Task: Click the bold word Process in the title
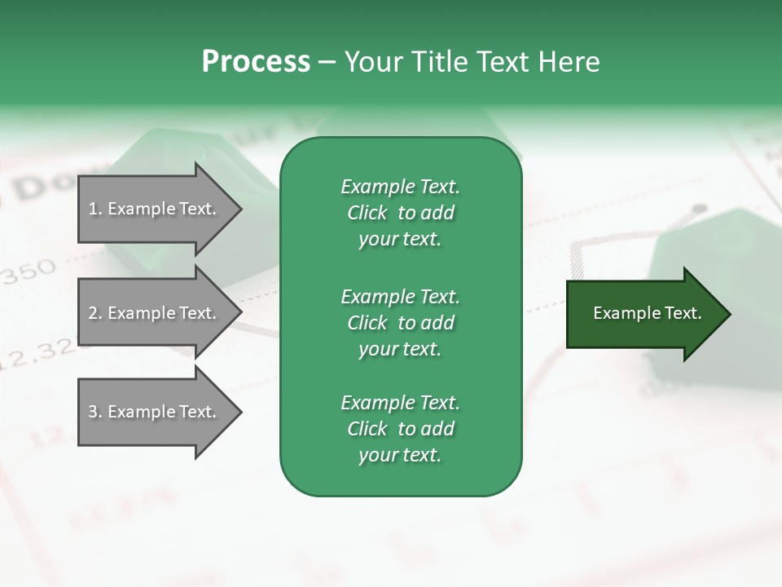pyautogui.click(x=256, y=62)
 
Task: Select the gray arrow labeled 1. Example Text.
pyautogui.click(x=155, y=209)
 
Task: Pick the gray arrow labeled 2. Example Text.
pyautogui.click(x=155, y=313)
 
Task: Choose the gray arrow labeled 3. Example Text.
pyautogui.click(x=155, y=412)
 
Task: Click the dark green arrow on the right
pyautogui.click(x=644, y=314)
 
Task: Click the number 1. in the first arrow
pyautogui.click(x=95, y=209)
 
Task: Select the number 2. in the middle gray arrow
pyautogui.click(x=95, y=313)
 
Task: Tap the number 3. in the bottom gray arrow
pyautogui.click(x=95, y=412)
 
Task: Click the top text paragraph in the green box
pyautogui.click(x=400, y=213)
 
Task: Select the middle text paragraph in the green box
pyautogui.click(x=400, y=323)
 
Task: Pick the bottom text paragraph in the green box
pyautogui.click(x=400, y=429)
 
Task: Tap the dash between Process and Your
pyautogui.click(x=327, y=63)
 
